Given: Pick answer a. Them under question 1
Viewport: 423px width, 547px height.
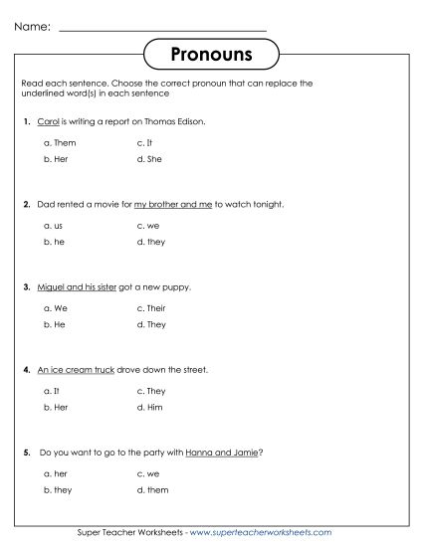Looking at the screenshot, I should [x=60, y=142].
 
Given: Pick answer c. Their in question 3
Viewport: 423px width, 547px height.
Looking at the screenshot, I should [x=152, y=309].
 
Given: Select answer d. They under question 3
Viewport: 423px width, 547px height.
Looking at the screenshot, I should [x=152, y=324].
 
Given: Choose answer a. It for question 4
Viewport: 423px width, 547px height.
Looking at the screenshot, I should [x=53, y=392].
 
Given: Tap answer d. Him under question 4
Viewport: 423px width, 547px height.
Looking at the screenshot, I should [x=151, y=407].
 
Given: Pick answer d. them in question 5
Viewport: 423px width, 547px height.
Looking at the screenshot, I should [x=153, y=490].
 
